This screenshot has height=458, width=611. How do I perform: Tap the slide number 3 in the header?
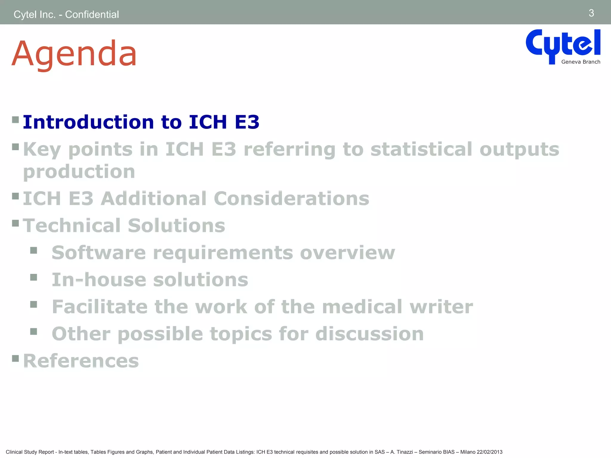[591, 13]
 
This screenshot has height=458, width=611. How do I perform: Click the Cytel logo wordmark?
[563, 44]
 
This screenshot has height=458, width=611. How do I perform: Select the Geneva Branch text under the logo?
[581, 62]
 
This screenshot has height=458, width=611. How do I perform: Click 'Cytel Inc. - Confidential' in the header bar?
[66, 14]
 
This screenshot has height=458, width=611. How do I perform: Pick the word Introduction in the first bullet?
[88, 122]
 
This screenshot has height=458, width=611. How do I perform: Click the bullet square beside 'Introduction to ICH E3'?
[16, 120]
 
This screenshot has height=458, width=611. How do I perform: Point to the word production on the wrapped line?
[79, 172]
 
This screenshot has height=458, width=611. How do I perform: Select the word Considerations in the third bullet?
[291, 199]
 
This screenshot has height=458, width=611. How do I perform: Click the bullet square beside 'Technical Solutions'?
[16, 223]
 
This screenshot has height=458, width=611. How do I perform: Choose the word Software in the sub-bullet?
[99, 253]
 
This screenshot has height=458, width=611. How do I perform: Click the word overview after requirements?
[347, 253]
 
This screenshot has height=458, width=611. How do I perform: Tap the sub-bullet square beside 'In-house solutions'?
[33, 278]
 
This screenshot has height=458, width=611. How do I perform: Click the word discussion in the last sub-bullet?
[369, 334]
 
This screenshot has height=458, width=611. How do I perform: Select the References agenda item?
[81, 361]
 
